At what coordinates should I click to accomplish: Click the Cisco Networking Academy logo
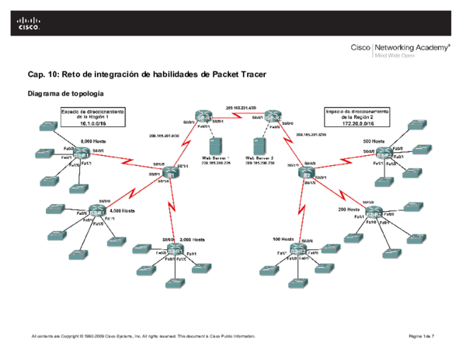(x=400, y=50)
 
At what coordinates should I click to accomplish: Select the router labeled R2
(x=306, y=175)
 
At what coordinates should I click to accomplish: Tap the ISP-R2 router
(x=270, y=118)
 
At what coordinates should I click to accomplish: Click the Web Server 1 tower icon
(x=215, y=146)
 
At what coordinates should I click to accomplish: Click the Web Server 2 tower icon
(x=259, y=146)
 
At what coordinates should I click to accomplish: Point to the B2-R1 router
(x=96, y=212)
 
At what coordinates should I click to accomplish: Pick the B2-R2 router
(x=374, y=213)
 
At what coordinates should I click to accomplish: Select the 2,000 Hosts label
(x=191, y=240)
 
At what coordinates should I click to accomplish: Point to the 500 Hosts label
(x=374, y=140)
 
